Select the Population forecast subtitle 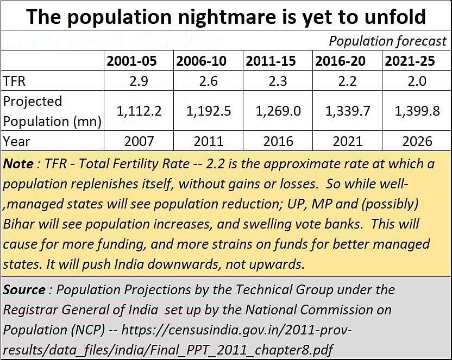[x=387, y=41]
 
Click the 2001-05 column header [x=131, y=61]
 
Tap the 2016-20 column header [x=348, y=61]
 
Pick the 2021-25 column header [x=417, y=61]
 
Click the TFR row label [x=15, y=81]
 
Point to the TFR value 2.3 [x=278, y=81]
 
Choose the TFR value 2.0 [x=417, y=81]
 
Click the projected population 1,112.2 [x=139, y=111]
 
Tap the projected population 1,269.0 [x=278, y=111]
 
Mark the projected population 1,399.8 [x=417, y=111]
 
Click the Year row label [x=17, y=142]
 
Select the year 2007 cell [x=139, y=142]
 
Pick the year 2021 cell [x=348, y=142]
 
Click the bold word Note [x=18, y=164]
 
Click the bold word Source [x=24, y=290]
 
